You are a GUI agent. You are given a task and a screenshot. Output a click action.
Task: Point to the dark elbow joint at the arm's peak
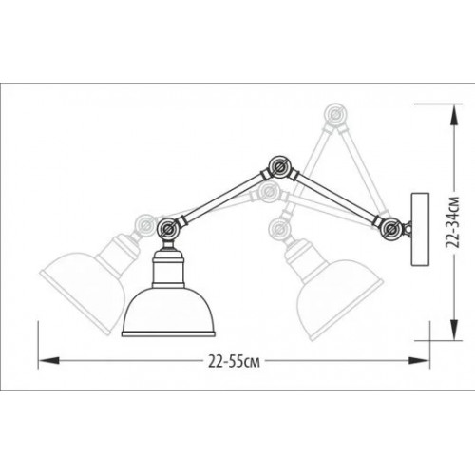(279, 168)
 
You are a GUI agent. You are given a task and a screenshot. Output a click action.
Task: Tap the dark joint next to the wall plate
(389, 226)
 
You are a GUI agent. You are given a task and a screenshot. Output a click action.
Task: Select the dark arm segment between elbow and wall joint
(334, 198)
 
